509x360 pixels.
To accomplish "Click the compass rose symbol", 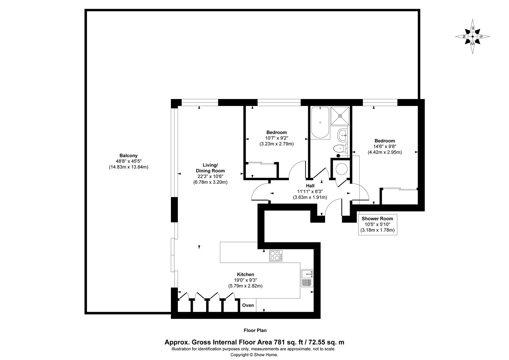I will click(x=472, y=37).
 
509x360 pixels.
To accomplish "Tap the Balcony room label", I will click(x=128, y=156).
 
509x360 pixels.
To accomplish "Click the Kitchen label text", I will click(x=245, y=274).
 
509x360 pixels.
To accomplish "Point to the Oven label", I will click(x=248, y=305).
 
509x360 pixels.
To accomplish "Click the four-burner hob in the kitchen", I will click(x=276, y=256).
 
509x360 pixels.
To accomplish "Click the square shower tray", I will click(x=340, y=116).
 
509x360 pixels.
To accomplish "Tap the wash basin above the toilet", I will click(x=343, y=135).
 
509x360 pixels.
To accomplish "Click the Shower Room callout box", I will click(x=377, y=224).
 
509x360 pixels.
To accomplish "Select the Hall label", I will click(x=310, y=186).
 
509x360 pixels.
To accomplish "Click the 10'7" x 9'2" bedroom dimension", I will click(x=276, y=138).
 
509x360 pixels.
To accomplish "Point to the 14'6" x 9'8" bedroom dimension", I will click(x=385, y=146).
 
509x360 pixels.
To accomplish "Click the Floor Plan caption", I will click(x=255, y=331).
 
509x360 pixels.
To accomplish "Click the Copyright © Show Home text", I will click(x=254, y=355).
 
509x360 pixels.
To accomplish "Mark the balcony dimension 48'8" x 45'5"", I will click(x=128, y=161).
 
